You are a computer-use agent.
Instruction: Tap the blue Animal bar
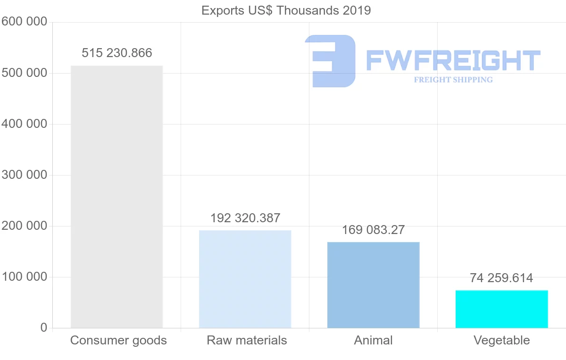[373, 285]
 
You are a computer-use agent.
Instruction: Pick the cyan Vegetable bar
[501, 309]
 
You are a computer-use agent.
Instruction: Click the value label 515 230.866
[117, 53]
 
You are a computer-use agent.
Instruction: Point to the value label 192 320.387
[245, 218]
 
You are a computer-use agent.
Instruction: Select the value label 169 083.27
[374, 230]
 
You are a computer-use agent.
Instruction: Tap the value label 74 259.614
[501, 278]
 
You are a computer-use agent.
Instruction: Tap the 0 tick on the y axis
[44, 328]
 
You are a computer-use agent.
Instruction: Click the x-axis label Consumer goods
[118, 340]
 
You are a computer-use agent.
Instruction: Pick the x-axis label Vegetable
[501, 340]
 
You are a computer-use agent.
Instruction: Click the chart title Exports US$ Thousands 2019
[286, 10]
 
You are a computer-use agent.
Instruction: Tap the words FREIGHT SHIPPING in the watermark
[453, 80]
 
